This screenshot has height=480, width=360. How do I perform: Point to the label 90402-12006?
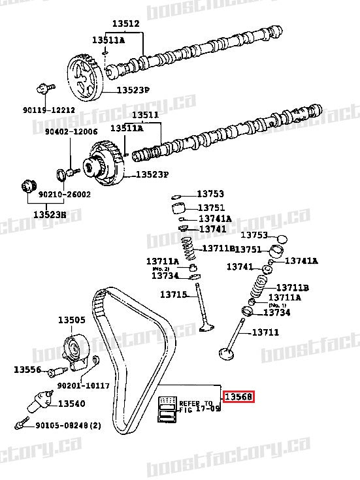pyautogui.click(x=71, y=131)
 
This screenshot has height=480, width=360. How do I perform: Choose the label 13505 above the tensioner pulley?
pyautogui.click(x=71, y=320)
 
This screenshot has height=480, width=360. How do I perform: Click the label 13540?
pyautogui.click(x=72, y=404)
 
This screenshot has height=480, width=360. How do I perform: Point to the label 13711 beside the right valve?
pyautogui.click(x=266, y=332)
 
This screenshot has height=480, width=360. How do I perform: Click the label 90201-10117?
pyautogui.click(x=83, y=386)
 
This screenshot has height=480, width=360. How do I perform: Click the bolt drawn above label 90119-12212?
pyautogui.click(x=44, y=88)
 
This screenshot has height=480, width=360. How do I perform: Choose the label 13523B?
pyautogui.click(x=50, y=214)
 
